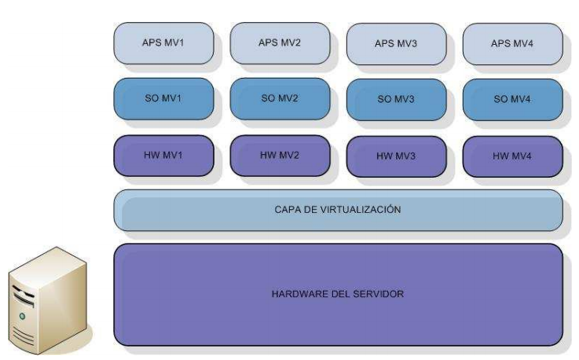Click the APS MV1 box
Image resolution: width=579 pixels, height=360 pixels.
[163, 42]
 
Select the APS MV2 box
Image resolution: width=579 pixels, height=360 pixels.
[280, 42]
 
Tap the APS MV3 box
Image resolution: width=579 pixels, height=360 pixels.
[396, 44]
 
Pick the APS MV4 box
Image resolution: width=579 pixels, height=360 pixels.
[512, 44]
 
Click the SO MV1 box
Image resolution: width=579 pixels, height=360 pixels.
[163, 98]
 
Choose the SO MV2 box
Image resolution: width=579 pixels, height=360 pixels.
[280, 98]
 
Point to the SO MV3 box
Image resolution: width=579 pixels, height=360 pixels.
[396, 100]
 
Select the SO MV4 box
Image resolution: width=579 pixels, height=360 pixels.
[512, 100]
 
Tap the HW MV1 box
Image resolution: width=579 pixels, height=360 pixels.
[163, 155]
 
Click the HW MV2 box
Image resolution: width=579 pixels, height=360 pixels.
[280, 155]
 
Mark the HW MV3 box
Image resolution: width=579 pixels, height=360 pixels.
[396, 156]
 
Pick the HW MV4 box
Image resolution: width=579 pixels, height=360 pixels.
[512, 156]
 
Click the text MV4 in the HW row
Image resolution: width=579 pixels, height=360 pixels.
[522, 156]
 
